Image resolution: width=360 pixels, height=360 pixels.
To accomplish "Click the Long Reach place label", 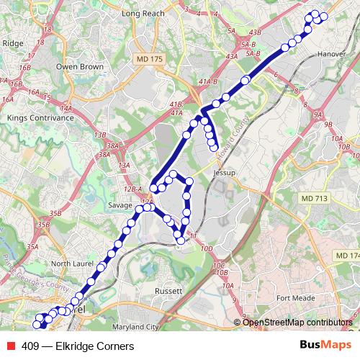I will coord(143,14).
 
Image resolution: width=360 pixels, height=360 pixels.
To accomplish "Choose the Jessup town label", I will coord(225,174).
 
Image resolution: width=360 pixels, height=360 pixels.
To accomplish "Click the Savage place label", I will coord(120,205).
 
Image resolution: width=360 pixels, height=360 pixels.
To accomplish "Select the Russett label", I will coord(169,290).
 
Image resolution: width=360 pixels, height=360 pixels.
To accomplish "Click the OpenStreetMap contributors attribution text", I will coord(297,322).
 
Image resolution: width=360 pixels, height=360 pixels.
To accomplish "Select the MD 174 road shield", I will coord(346,256).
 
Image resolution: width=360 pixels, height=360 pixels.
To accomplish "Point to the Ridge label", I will coord(13,43).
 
